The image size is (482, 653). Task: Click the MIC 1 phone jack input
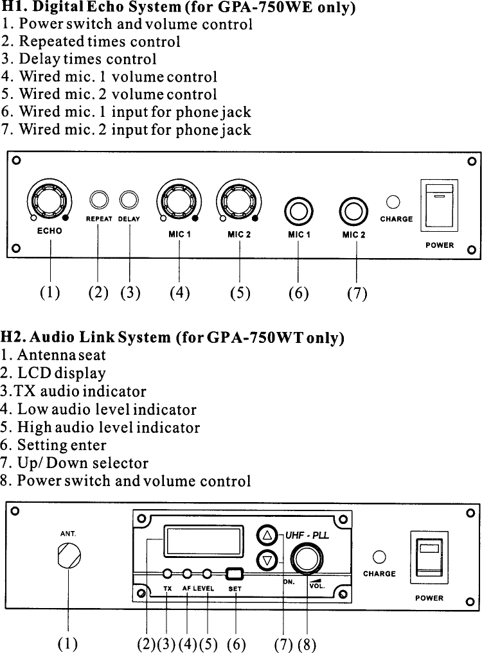tap(299, 210)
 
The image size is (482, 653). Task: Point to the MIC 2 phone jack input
tap(353, 210)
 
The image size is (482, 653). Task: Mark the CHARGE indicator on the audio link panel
tap(379, 556)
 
